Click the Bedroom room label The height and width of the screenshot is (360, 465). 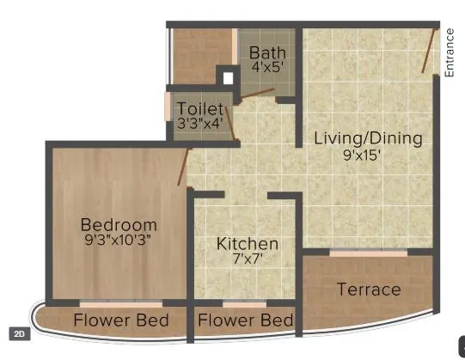(119, 225)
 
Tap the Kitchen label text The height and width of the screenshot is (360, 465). (248, 244)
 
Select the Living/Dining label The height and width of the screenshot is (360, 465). (368, 137)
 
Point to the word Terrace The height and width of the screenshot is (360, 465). (369, 290)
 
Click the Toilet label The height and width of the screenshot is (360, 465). (199, 109)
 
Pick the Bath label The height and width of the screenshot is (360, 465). (268, 53)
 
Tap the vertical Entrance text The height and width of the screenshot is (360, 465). (450, 53)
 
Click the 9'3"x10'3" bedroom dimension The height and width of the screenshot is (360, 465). (119, 241)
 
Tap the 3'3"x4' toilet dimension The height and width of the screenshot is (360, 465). (199, 123)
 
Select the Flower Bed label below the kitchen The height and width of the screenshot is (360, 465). (245, 321)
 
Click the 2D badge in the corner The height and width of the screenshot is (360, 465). (18, 333)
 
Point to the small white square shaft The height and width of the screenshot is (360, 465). (228, 78)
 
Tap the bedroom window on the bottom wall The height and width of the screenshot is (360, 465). (120, 303)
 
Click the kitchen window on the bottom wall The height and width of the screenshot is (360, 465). (244, 303)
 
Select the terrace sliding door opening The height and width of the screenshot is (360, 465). (368, 253)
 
